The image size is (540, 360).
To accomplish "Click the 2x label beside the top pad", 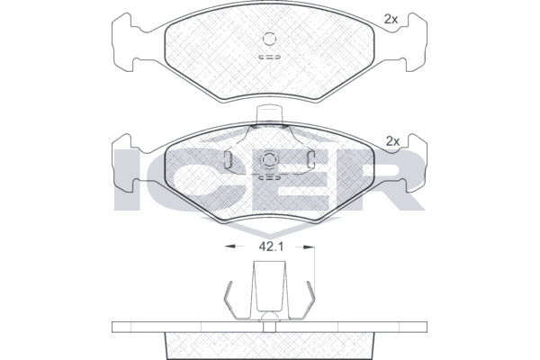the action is tap(391, 19).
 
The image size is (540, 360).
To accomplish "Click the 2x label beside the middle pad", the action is tap(392, 141).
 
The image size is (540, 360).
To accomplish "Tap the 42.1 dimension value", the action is tap(271, 247).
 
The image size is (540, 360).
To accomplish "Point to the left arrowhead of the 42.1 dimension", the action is tap(229, 247).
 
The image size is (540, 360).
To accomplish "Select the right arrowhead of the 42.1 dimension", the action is tap(310, 247).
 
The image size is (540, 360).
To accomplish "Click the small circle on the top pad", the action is tap(269, 39).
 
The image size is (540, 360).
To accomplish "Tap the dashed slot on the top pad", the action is tap(270, 57).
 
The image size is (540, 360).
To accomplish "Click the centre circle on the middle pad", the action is tap(269, 159).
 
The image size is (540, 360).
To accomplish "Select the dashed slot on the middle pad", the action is tap(270, 178).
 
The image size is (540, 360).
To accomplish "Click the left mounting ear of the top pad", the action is tap(122, 42).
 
